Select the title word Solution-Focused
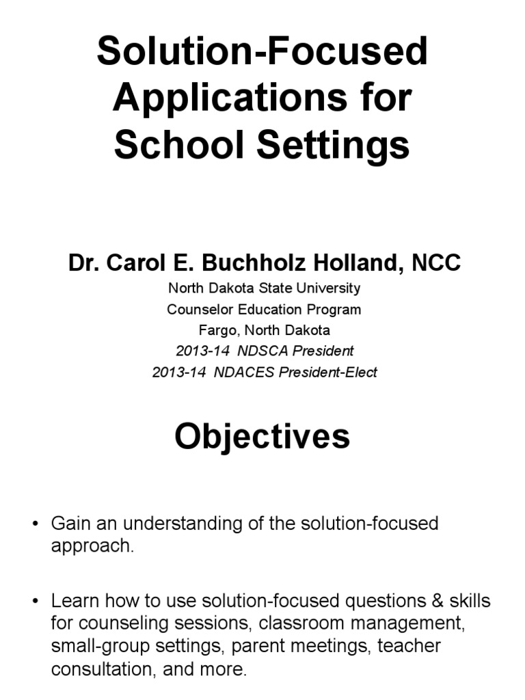pos(262,53)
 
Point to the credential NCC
pos(436,262)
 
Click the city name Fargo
pos(217,330)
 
